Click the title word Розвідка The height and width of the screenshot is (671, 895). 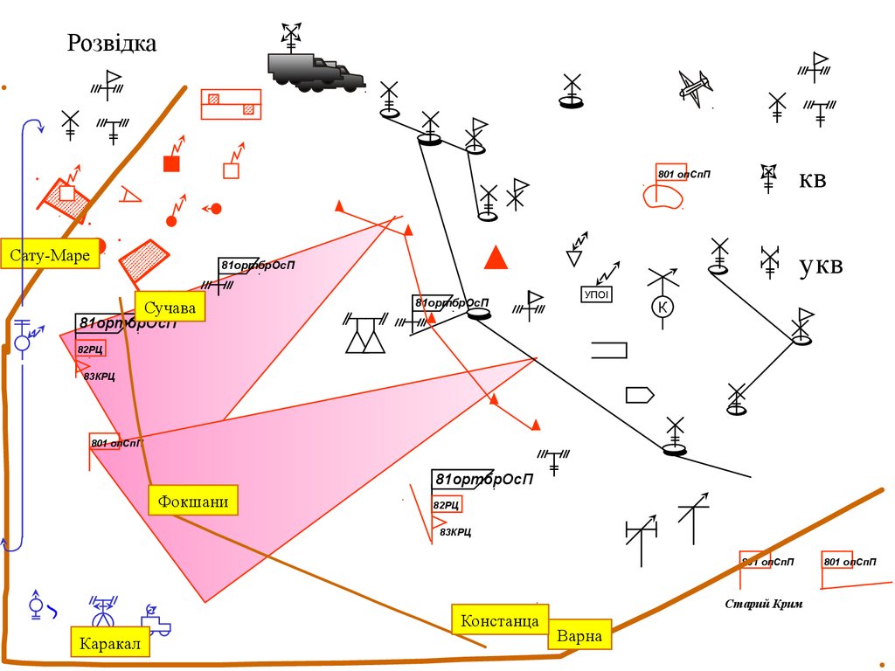click(x=112, y=43)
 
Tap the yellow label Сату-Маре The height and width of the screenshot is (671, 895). click(x=51, y=256)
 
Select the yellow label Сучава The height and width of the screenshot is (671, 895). click(x=170, y=308)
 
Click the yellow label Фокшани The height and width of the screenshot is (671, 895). click(x=193, y=501)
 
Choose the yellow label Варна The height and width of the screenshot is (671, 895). click(x=579, y=635)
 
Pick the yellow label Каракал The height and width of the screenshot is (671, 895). click(x=110, y=644)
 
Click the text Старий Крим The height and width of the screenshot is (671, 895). click(x=763, y=604)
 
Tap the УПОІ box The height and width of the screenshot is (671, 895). click(x=595, y=294)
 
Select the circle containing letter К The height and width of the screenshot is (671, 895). click(x=663, y=307)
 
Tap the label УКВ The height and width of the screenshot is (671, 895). click(x=821, y=266)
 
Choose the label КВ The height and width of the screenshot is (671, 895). click(x=812, y=181)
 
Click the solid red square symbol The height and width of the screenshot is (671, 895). click(x=172, y=163)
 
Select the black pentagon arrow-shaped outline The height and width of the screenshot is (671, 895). click(x=640, y=395)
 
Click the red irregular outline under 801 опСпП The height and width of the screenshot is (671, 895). click(x=664, y=196)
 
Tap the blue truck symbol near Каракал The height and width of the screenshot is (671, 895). click(x=157, y=624)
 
